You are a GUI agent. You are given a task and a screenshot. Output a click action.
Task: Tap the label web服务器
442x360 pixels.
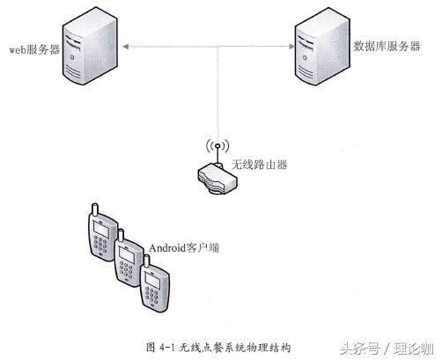pos(34,50)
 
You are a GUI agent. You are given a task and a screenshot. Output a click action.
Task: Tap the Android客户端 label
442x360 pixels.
pos(184,249)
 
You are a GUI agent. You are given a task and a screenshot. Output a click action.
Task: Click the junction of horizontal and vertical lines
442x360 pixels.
pos(215,48)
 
